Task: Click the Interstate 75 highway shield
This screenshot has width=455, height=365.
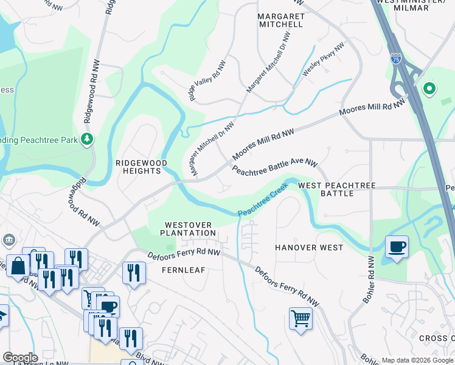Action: point(396,58)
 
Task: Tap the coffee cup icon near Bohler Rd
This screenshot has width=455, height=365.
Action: point(397,247)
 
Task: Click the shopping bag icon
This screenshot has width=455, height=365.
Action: point(18,266)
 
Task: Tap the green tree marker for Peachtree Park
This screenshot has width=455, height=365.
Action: point(88,139)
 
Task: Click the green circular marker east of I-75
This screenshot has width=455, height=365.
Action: point(429,89)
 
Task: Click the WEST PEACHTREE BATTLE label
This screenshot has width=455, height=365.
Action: point(337,189)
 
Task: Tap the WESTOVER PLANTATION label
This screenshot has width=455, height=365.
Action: point(189,228)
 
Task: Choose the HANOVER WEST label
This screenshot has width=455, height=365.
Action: point(309,248)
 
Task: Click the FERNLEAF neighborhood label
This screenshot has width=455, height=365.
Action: point(181,268)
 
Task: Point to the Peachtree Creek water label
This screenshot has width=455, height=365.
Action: point(262,201)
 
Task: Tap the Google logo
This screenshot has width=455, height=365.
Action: point(20,358)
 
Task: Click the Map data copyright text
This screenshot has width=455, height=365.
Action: point(417,360)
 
